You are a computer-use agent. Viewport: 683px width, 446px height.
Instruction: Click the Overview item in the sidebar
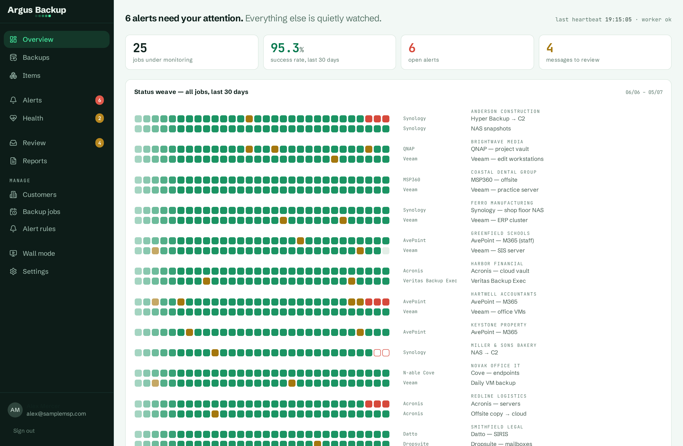point(56,39)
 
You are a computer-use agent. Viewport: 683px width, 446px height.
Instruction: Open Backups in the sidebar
point(36,57)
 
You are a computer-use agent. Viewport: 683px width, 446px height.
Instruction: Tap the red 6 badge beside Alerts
point(100,100)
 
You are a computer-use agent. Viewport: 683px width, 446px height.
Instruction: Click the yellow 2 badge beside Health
point(100,118)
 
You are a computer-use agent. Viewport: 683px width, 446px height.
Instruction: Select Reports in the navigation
point(35,161)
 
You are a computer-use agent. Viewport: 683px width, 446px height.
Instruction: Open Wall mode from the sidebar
point(39,253)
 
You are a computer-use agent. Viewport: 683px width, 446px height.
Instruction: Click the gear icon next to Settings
point(13,271)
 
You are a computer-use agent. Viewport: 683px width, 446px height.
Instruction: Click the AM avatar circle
point(15,410)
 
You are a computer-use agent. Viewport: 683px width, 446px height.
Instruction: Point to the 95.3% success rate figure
point(287,48)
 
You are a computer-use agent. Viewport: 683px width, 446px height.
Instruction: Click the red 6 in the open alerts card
point(412,48)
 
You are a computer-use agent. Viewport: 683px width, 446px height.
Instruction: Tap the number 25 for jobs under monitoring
point(140,48)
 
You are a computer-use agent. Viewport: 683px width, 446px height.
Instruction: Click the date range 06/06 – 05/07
point(644,92)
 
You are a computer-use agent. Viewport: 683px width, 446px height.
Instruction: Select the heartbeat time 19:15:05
point(618,19)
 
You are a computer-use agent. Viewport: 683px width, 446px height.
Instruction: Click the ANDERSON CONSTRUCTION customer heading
point(505,111)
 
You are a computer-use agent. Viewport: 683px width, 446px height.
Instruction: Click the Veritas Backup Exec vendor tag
point(430,281)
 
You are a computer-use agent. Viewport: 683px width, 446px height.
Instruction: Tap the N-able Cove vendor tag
point(419,373)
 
